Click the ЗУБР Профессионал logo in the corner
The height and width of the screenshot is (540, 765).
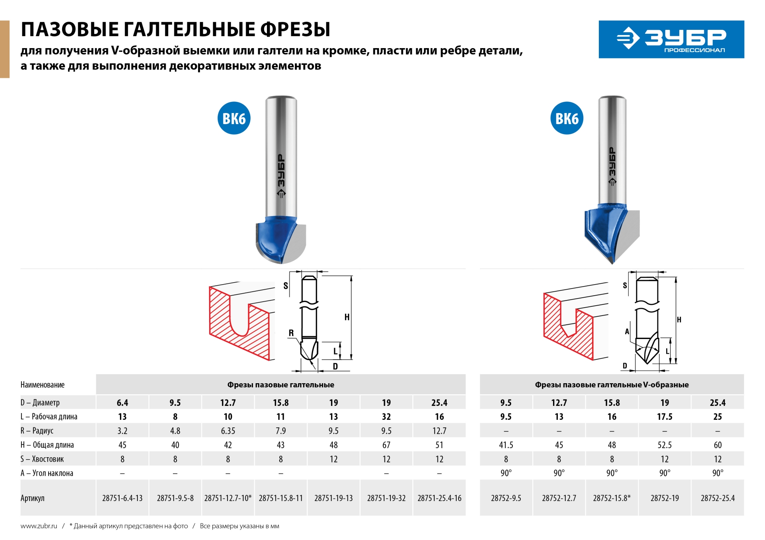[x=671, y=39]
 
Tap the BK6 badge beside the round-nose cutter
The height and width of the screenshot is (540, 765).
[x=234, y=118]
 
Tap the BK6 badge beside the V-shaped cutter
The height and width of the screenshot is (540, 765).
[x=567, y=118]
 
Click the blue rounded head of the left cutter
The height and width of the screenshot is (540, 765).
[x=275, y=239]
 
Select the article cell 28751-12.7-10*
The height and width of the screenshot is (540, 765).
[x=228, y=498]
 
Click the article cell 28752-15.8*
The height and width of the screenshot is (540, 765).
[x=612, y=498]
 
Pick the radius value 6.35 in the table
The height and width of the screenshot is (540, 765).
[x=228, y=431]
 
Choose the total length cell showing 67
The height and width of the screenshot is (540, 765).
[x=386, y=445]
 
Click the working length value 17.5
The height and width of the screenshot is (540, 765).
[x=665, y=417]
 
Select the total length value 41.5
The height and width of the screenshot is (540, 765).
[x=506, y=445]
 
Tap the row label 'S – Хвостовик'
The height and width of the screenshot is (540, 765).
[x=42, y=459]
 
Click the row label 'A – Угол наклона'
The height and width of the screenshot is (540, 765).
[x=47, y=473]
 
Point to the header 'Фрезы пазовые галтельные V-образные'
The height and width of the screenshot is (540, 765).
[x=612, y=385]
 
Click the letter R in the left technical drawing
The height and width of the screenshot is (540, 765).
[x=291, y=333]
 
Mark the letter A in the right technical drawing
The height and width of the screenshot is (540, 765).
[x=627, y=331]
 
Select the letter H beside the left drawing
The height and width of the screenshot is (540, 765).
[x=347, y=317]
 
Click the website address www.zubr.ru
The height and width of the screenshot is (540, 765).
[x=39, y=526]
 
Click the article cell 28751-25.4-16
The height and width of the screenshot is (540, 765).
[x=439, y=498]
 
